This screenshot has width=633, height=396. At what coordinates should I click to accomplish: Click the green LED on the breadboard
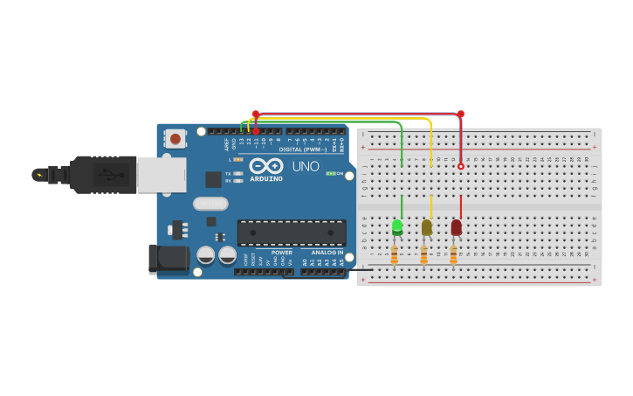(x=397, y=226)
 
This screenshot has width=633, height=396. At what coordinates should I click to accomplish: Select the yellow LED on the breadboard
(x=426, y=227)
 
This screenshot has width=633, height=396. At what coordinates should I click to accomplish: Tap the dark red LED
(x=456, y=227)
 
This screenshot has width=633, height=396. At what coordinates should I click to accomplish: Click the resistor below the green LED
(x=395, y=254)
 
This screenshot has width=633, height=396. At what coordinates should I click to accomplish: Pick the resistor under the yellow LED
(x=424, y=254)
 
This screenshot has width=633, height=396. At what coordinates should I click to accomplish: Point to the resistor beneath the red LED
(x=453, y=254)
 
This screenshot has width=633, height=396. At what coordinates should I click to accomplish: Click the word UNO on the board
(x=305, y=166)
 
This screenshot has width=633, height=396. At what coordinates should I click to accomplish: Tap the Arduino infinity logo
(x=265, y=164)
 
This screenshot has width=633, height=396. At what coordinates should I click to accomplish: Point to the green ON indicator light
(x=330, y=173)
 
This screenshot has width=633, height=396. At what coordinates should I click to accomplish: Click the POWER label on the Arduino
(x=281, y=252)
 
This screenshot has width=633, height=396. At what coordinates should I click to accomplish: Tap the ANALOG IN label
(x=327, y=252)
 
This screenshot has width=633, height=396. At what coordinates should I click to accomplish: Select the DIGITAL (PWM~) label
(x=303, y=149)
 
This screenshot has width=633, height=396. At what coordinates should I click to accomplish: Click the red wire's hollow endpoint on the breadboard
(x=461, y=166)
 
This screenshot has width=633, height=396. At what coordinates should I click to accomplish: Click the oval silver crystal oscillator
(x=210, y=204)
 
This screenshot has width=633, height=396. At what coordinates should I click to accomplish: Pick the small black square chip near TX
(x=213, y=179)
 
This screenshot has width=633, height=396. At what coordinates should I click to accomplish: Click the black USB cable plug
(x=103, y=174)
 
